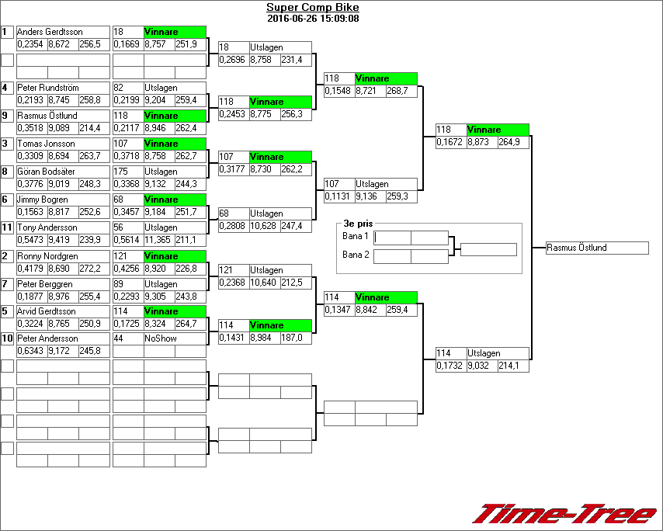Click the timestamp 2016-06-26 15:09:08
[x=312, y=18]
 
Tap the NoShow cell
[x=175, y=339]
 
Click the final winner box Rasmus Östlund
[x=597, y=248]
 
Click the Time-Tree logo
[x=564, y=514]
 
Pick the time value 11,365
[x=158, y=240]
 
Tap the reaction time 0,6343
[x=31, y=352]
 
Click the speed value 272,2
[x=93, y=268]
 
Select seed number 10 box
[x=8, y=338]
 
